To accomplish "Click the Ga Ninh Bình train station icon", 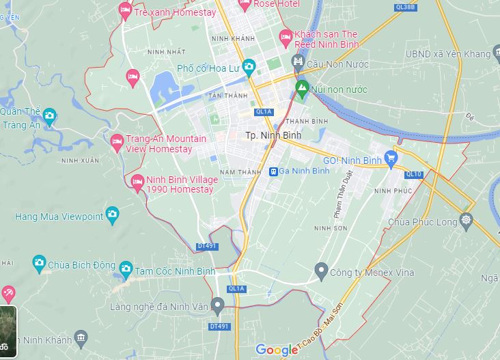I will click(273, 171).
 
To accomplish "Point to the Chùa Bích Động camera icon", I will click(39, 262).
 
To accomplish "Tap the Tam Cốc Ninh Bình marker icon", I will click(125, 270).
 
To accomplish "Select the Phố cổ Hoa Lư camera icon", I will click(249, 68).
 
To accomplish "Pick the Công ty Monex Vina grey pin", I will click(321, 272).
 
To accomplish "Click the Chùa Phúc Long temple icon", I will click(467, 220).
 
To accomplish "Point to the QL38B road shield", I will click(404, 7).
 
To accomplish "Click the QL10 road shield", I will click(414, 174).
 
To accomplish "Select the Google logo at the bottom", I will click(277, 350).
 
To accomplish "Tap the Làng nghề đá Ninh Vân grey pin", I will click(218, 305).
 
